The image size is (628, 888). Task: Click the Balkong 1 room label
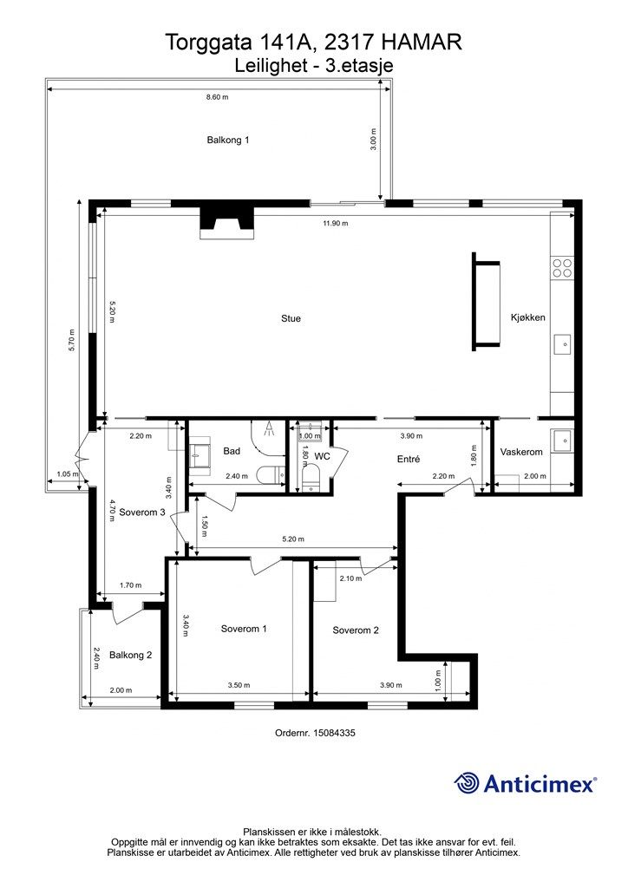point(227,140)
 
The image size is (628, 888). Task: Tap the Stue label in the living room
point(291,318)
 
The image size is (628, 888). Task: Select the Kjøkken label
point(527,317)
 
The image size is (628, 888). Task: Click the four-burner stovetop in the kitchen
point(562,268)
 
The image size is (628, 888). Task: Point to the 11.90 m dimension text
point(336,223)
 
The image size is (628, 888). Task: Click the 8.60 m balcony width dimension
point(218,97)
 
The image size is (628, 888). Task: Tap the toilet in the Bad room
point(271,474)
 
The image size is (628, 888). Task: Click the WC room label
point(322,456)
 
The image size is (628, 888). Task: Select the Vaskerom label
point(521,452)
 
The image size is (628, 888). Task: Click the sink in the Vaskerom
point(563,439)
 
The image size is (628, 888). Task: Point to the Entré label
point(409,460)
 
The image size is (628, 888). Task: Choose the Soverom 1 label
point(244,629)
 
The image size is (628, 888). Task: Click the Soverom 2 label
point(356,630)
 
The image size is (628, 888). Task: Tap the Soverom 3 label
point(142,512)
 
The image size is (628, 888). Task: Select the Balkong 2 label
point(131,656)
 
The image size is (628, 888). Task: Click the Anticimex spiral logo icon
point(467,784)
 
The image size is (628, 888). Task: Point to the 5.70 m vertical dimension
point(72,340)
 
